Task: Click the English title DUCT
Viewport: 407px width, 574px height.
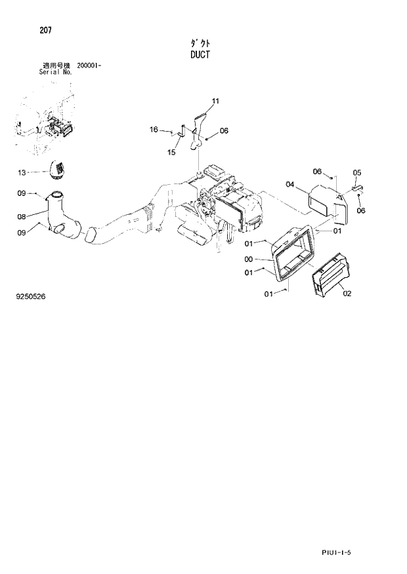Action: (x=200, y=55)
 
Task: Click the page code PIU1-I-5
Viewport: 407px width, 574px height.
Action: (x=337, y=553)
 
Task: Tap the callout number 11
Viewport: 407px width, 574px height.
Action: (x=215, y=101)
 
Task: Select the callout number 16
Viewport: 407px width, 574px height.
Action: (x=154, y=130)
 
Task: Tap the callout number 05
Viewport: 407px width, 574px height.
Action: (x=357, y=173)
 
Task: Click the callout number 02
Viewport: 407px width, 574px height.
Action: (x=347, y=293)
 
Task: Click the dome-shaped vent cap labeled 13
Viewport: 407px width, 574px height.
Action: (x=59, y=170)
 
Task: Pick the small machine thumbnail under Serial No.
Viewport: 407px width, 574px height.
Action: (x=44, y=121)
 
